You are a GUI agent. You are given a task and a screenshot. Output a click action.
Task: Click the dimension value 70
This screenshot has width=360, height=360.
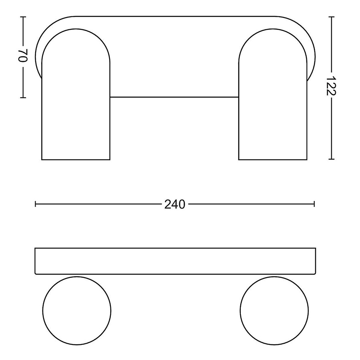tap(23, 56)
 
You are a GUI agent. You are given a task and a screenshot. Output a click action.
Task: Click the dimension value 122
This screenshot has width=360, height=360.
tap(331, 86)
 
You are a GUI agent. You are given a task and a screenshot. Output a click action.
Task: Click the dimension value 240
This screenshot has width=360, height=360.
tap(175, 204)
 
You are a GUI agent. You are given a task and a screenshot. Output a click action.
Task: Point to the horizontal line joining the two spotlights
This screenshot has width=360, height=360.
tap(174, 97)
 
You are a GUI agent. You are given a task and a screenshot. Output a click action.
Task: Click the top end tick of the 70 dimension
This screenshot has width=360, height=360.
tap(23, 17)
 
